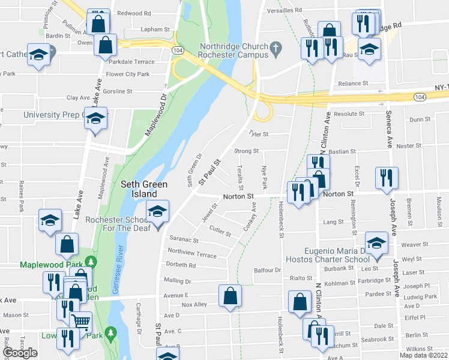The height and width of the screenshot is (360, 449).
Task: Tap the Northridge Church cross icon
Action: [x=276, y=47]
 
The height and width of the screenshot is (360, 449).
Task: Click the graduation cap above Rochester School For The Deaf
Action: [x=158, y=212]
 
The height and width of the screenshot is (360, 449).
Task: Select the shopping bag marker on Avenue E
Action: [x=230, y=296]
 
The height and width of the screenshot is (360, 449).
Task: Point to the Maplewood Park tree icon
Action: [x=91, y=262]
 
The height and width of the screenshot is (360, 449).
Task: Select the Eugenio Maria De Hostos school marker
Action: [x=376, y=244]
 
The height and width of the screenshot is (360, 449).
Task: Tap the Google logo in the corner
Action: [x=20, y=353]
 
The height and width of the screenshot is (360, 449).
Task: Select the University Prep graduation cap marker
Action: [x=95, y=118]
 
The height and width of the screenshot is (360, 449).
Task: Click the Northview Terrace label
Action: [x=192, y=253]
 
